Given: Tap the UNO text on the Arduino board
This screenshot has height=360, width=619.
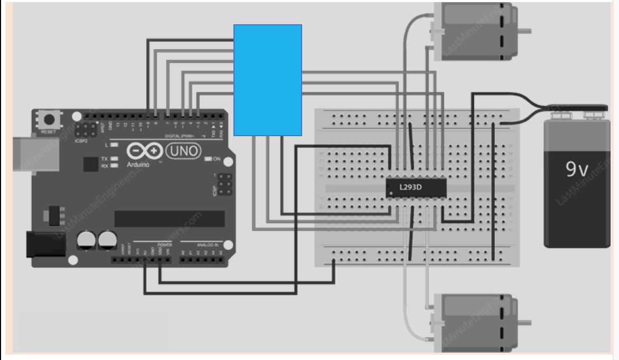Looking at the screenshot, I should (x=184, y=151).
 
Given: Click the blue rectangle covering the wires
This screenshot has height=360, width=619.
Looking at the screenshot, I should (x=268, y=79).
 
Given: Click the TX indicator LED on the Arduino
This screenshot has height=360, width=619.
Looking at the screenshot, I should (x=113, y=158).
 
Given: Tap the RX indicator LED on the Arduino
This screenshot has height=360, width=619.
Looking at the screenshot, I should (x=113, y=165).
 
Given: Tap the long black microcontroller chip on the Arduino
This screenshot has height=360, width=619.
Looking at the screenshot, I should (x=169, y=218).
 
